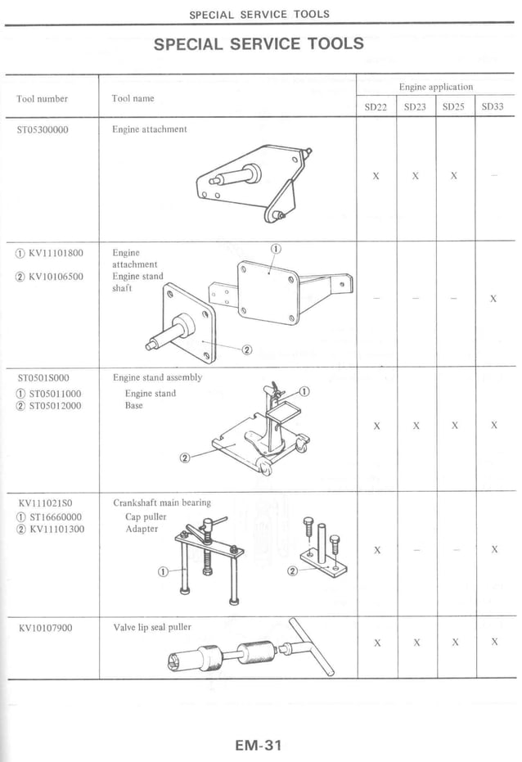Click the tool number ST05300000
[43, 129]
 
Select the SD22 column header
[376, 106]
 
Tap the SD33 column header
[493, 106]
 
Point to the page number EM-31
[259, 745]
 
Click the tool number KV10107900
[46, 628]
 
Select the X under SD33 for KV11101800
[493, 300]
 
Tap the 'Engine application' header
[436, 87]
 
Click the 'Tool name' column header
[133, 98]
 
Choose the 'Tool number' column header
[42, 99]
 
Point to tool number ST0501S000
[43, 378]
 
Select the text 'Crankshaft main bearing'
[162, 503]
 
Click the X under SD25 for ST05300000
[453, 176]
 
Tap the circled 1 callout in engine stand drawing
[304, 392]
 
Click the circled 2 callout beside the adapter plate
[292, 570]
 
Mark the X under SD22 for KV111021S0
[376, 550]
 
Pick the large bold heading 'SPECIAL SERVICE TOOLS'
[259, 44]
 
